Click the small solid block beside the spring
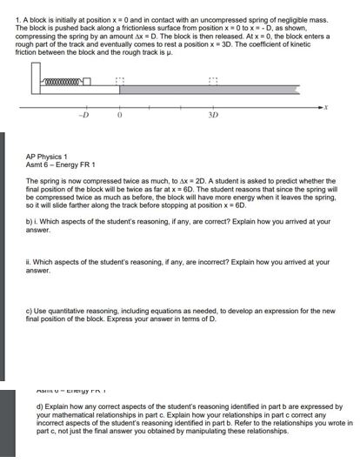point(87,84)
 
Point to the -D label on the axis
point(84,115)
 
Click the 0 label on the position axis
point(120,115)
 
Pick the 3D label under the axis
point(213,115)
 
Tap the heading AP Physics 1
point(50,157)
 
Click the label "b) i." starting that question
point(32,221)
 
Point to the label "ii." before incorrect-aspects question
point(30,261)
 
